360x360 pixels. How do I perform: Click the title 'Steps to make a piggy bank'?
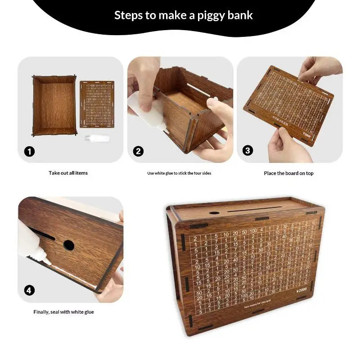point(183,15)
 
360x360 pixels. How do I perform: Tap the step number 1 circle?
point(30,151)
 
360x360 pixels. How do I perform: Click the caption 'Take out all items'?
point(68,173)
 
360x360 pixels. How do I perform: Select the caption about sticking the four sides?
point(179,173)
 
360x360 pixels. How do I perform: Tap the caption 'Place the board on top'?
point(288,173)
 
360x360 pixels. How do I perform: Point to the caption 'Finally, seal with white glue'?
point(64,312)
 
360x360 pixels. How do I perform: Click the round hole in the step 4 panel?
point(68,245)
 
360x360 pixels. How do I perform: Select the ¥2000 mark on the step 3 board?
point(308,134)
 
